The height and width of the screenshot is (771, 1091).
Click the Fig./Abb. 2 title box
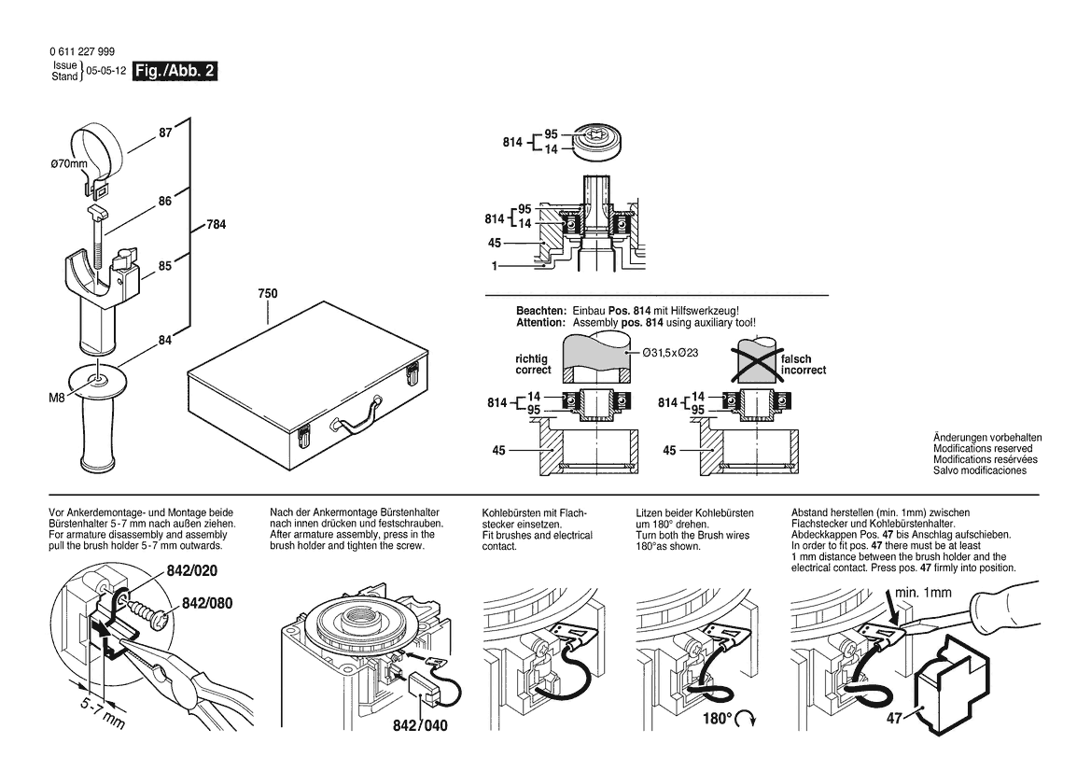pyautogui.click(x=175, y=71)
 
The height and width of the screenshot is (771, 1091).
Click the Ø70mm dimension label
pyautogui.click(x=69, y=165)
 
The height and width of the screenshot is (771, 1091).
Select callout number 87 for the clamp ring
pyautogui.click(x=165, y=133)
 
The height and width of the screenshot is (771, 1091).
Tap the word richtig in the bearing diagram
pyautogui.click(x=532, y=358)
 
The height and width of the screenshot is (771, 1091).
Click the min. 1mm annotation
pyautogui.click(x=923, y=592)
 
